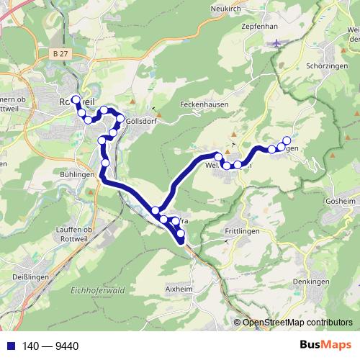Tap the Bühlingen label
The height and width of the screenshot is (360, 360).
pyautogui.click(x=76, y=174)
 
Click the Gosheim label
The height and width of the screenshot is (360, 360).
pyautogui.click(x=341, y=201)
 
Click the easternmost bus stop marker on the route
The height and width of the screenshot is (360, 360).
pyautogui.click(x=287, y=141)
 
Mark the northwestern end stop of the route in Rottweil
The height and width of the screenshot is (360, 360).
pyautogui.click(x=76, y=99)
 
